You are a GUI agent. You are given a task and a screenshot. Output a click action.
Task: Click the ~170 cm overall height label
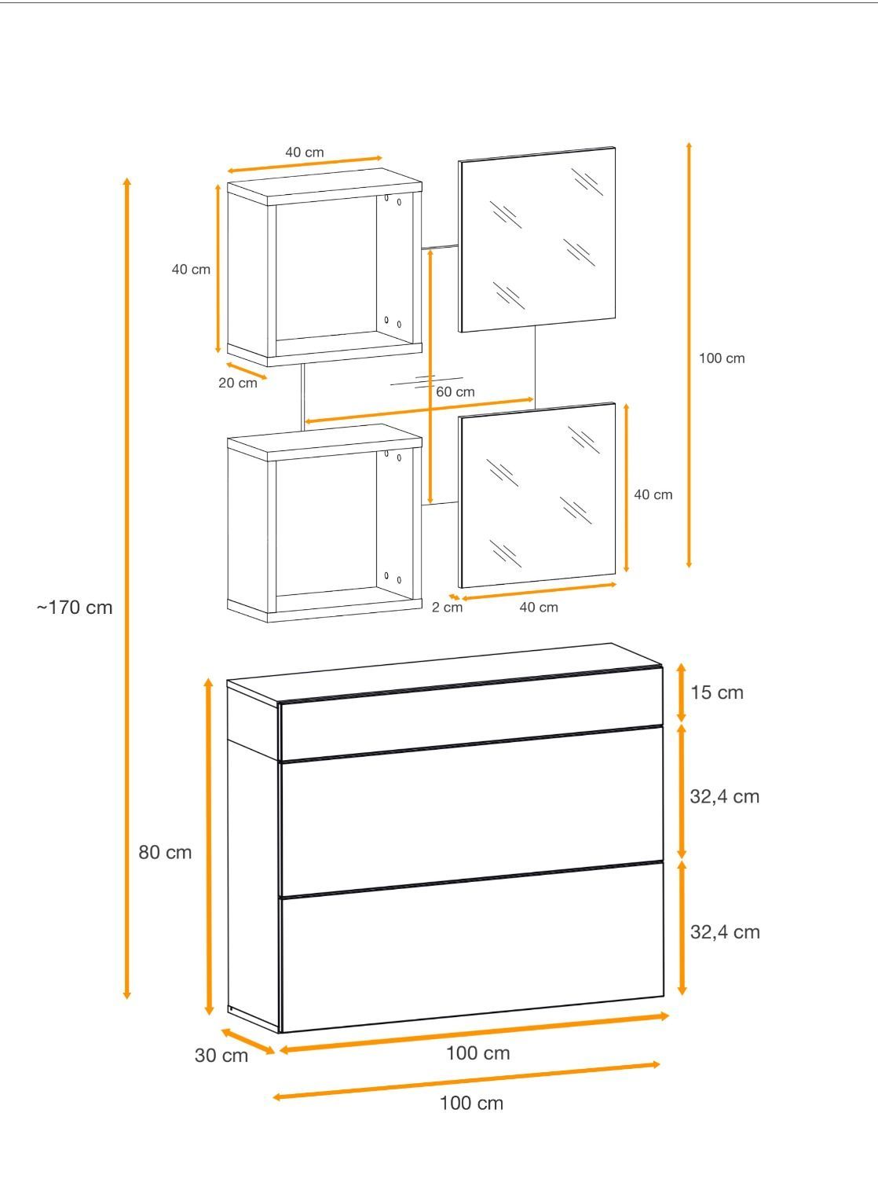pos(75,608)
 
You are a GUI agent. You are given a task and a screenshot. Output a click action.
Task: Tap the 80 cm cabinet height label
pos(165,852)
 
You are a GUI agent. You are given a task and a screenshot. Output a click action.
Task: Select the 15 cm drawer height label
pos(716,692)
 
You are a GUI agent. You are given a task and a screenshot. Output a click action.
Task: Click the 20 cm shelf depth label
pos(238,383)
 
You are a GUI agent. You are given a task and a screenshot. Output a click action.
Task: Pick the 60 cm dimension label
pos(455,391)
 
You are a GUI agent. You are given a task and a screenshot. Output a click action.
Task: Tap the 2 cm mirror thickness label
pos(447,607)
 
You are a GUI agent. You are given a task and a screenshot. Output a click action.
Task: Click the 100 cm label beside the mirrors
pos(722,358)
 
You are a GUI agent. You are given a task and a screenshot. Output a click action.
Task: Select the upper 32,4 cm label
pos(725,796)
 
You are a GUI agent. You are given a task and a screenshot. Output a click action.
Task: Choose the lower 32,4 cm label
pos(725,932)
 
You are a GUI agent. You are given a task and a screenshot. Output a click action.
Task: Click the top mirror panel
pos(536,240)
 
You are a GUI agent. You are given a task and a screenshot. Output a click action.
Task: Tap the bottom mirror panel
pos(536,495)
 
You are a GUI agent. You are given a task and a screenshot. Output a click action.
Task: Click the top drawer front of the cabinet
pos(471,714)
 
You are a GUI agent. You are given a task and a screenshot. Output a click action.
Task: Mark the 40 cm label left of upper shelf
pos(191,269)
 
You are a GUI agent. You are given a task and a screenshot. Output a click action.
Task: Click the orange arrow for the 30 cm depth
pos(248,1041)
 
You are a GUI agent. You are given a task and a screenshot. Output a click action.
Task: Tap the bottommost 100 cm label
pos(471,1103)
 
